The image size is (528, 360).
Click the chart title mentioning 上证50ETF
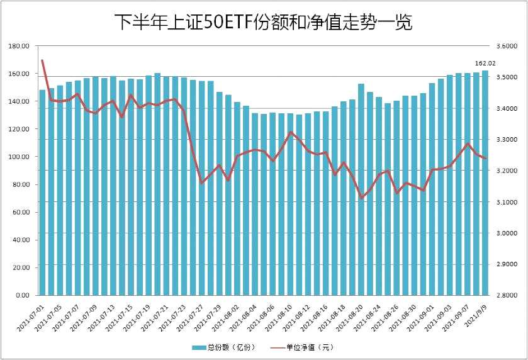pos(263,23)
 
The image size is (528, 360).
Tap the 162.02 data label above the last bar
pos(485,63)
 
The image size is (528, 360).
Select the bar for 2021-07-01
pos(43,192)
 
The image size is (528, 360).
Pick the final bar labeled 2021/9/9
pos(485,183)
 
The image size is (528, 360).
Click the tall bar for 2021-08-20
pos(361,189)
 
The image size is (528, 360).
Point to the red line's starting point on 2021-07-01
pos(42,60)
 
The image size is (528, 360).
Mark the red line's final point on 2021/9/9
pos(485,159)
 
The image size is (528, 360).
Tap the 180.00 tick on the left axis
pos(20,47)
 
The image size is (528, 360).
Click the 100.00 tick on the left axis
pos(20,157)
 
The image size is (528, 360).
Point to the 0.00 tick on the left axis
pos(23,295)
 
